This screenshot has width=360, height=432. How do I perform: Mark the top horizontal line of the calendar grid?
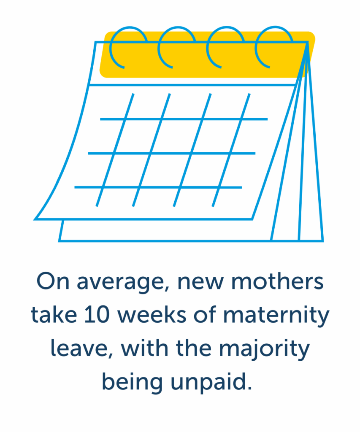click(x=184, y=119)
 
